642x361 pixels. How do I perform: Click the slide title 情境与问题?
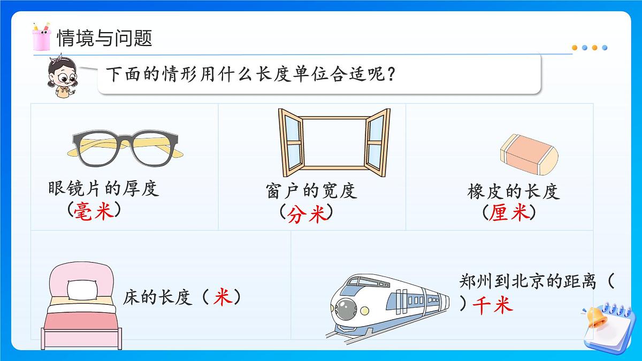[x=104, y=38]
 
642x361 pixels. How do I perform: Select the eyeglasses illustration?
[x=127, y=148]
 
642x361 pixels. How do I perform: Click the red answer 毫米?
[x=95, y=211]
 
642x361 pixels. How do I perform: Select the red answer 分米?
[x=307, y=214]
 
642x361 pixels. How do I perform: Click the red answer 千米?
[x=493, y=305]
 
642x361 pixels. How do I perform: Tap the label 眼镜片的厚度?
[x=104, y=188]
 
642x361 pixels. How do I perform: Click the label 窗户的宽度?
[x=311, y=191]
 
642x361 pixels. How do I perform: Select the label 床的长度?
[x=157, y=297]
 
